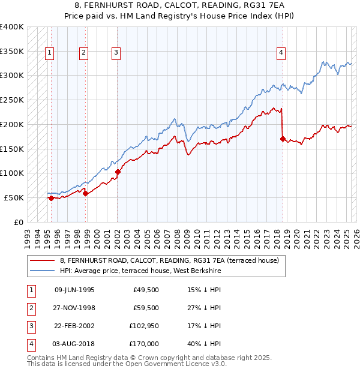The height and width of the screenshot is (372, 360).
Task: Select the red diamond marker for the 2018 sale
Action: (283, 139)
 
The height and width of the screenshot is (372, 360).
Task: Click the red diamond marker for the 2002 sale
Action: (118, 172)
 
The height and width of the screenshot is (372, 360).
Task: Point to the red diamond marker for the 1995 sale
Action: (51, 197)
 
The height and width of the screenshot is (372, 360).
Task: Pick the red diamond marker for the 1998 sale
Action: (85, 193)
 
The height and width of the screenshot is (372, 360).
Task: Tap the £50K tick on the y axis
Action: (14, 197)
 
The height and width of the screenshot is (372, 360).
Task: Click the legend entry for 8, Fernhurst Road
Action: (169, 260)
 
